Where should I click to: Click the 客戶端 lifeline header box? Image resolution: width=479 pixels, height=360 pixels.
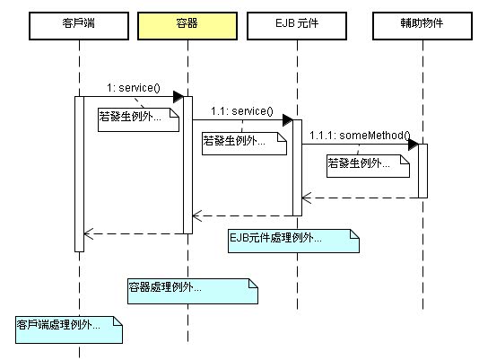click(x=79, y=26)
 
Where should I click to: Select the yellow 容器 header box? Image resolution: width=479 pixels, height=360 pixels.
click(x=187, y=26)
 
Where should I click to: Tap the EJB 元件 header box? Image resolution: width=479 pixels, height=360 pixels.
click(x=297, y=26)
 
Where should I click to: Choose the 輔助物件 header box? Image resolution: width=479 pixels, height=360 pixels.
click(x=422, y=26)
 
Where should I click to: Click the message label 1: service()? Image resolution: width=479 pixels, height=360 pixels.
click(x=134, y=88)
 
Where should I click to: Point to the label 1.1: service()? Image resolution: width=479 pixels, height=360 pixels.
click(x=242, y=111)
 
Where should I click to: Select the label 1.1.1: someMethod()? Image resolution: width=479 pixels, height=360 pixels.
click(x=360, y=136)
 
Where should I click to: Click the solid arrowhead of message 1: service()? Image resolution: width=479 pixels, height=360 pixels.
click(x=179, y=97)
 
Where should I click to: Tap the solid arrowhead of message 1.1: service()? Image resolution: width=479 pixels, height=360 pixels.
click(x=288, y=120)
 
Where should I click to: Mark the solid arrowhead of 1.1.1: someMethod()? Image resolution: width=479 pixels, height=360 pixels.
click(x=414, y=144)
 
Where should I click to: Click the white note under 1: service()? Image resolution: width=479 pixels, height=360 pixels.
click(x=138, y=119)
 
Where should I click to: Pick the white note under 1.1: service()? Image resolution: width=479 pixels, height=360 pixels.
click(x=244, y=144)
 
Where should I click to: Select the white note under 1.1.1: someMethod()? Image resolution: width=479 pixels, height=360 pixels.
click(x=368, y=166)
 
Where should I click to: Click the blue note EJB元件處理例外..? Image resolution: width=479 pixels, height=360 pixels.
click(x=293, y=241)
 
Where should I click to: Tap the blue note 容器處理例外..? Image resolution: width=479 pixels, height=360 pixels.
click(x=193, y=291)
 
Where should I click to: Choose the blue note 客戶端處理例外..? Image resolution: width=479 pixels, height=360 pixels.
click(x=69, y=329)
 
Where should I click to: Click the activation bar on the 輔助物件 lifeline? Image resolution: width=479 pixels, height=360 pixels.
click(x=422, y=171)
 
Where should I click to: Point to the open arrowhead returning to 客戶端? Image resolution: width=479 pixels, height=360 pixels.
click(x=88, y=234)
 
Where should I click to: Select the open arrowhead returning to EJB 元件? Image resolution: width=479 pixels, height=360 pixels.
click(x=307, y=198)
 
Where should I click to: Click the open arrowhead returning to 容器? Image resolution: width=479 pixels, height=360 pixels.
click(x=197, y=216)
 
